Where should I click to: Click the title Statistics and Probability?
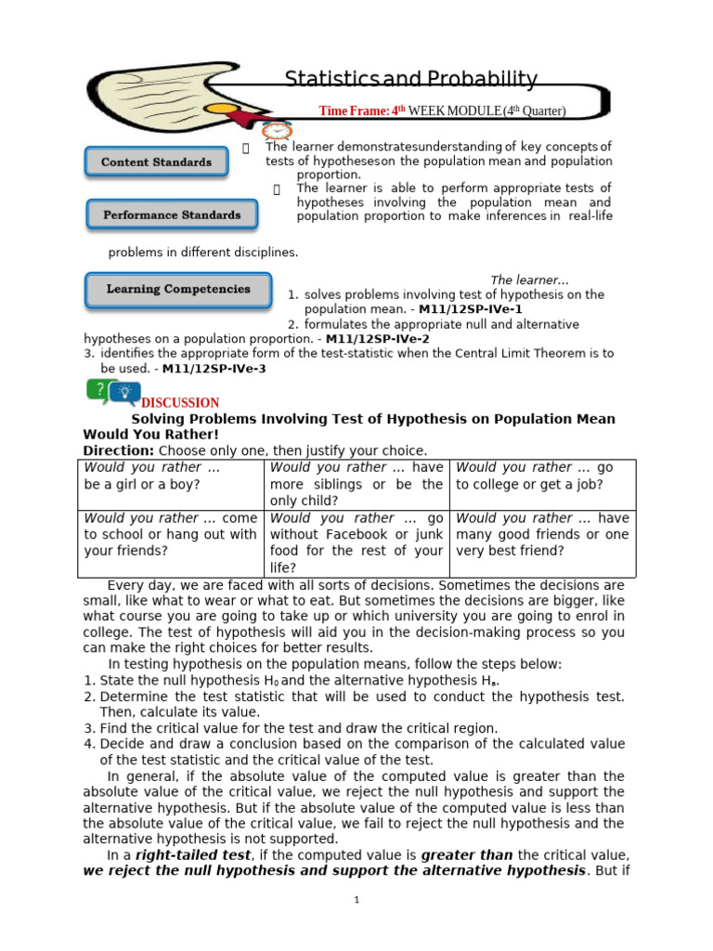(410, 79)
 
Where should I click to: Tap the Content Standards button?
(156, 163)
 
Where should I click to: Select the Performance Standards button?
(171, 215)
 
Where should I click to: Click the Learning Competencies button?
(178, 290)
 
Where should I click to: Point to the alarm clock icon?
(277, 131)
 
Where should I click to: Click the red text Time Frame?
(353, 111)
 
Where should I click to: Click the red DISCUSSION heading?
(180, 403)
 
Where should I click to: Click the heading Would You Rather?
(151, 434)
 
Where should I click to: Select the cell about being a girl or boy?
(173, 476)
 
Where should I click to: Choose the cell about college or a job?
(542, 476)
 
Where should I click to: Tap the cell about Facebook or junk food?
(356, 542)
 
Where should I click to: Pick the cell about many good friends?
(542, 534)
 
